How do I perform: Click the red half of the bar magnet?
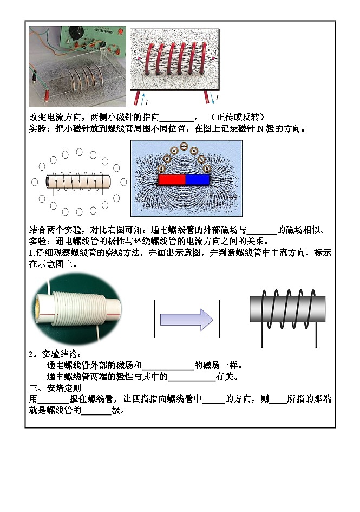[172, 180]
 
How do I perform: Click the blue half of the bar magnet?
[198, 180]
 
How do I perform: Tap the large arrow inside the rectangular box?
[187, 320]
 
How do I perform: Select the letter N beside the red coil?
[214, 53]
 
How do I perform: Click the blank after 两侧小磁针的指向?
[176, 118]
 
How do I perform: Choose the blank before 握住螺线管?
[53, 399]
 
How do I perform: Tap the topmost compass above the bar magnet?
[184, 146]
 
